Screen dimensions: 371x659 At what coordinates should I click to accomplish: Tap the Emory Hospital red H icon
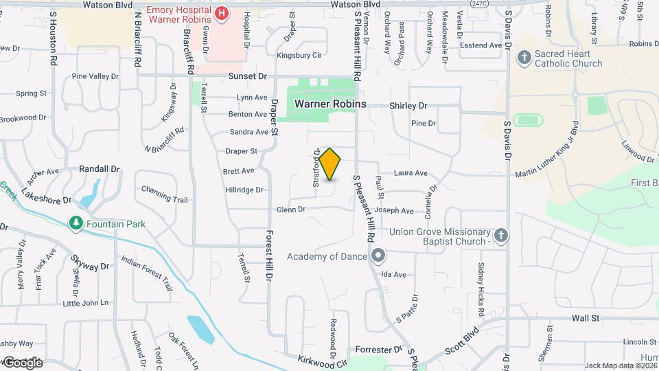[222, 13]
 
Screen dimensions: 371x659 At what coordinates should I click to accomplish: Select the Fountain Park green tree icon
[76, 223]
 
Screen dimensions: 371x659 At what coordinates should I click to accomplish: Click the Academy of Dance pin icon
[378, 256]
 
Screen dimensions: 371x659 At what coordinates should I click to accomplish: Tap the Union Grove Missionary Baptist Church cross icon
[501, 236]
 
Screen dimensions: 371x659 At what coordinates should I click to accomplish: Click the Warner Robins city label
[330, 104]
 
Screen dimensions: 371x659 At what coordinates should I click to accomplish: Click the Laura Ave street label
[411, 173]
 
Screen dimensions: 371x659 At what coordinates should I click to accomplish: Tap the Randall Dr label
[100, 168]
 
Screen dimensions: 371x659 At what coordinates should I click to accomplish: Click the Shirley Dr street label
[408, 106]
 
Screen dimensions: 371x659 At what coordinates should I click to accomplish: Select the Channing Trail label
[164, 194]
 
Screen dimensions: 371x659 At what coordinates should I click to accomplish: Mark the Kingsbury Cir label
[299, 55]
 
